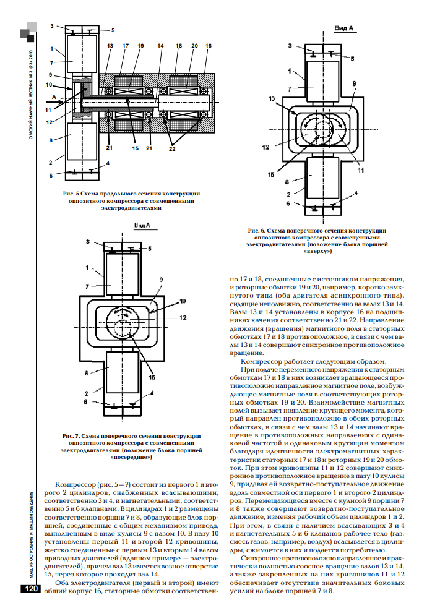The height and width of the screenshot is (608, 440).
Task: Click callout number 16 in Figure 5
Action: [208, 46]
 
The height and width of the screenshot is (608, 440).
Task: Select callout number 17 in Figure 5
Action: [125, 46]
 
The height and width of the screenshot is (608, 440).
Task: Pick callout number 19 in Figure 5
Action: [140, 46]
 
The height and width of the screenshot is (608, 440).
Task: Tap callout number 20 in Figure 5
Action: [194, 46]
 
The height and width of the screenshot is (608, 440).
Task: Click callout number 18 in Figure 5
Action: [178, 46]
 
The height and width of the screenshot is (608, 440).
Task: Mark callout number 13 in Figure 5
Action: [110, 46]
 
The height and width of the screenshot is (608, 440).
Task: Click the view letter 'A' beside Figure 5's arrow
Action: [54, 97]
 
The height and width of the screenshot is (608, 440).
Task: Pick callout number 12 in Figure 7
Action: [183, 317]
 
